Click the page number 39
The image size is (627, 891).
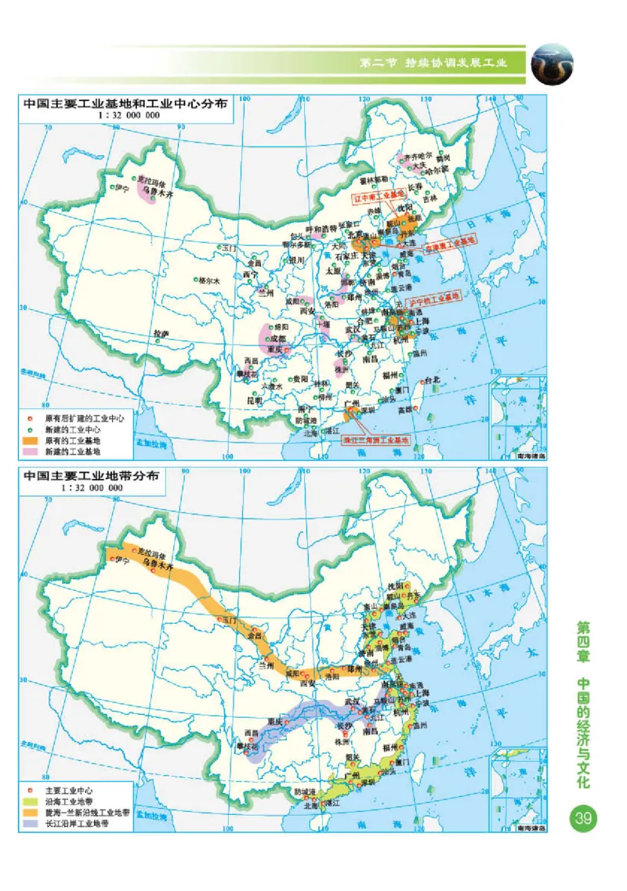(583, 819)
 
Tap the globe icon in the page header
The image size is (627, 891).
(552, 65)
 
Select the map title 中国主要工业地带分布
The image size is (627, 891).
(91, 476)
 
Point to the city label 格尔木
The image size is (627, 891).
(210, 280)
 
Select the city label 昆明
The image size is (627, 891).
(256, 400)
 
